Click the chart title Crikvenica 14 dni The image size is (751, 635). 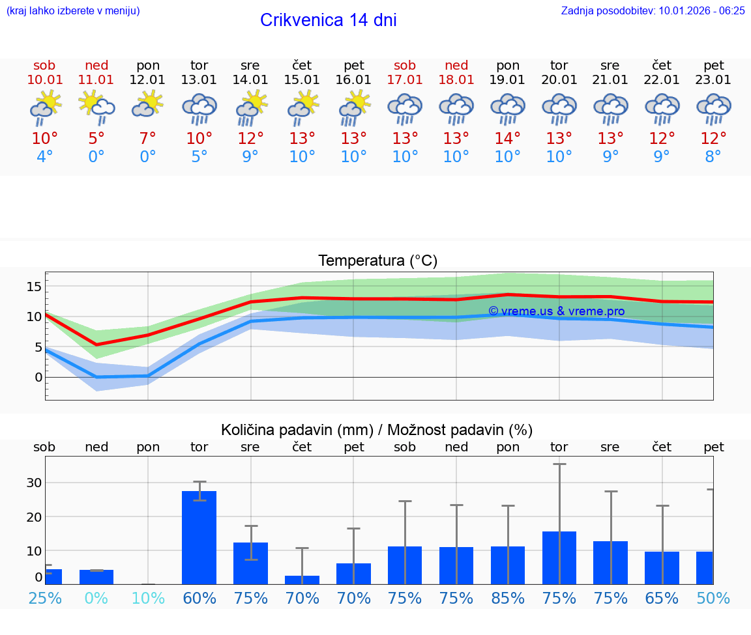tap(328, 20)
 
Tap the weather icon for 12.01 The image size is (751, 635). tap(148, 105)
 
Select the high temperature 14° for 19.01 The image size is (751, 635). tap(507, 139)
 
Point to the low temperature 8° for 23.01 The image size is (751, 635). tap(713, 157)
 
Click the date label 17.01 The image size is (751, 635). tap(405, 80)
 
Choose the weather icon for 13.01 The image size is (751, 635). tap(199, 108)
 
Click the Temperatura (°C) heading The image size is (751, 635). tap(377, 261)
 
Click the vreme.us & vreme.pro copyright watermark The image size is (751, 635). tap(556, 311)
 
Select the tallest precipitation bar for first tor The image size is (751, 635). tap(199, 537)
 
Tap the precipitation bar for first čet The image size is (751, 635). tap(302, 580)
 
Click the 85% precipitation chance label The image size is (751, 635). tap(508, 598)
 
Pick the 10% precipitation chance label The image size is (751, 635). tap(148, 598)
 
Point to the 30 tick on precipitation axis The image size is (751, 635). tap(35, 483)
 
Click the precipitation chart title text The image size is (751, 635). tap(377, 430)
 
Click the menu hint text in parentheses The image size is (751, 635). tap(73, 10)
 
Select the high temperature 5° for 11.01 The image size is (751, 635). tap(96, 139)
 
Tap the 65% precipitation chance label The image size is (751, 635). tap(662, 598)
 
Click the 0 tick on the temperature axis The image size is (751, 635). tap(38, 377)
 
